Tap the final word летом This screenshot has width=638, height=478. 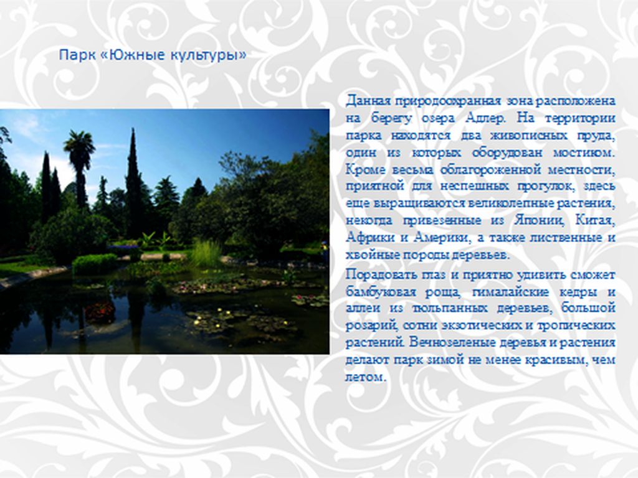pyautogui.click(x=365, y=377)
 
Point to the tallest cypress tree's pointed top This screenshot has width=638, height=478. pyautogui.click(x=133, y=130)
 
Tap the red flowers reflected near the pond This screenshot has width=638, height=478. pyautogui.click(x=100, y=312)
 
